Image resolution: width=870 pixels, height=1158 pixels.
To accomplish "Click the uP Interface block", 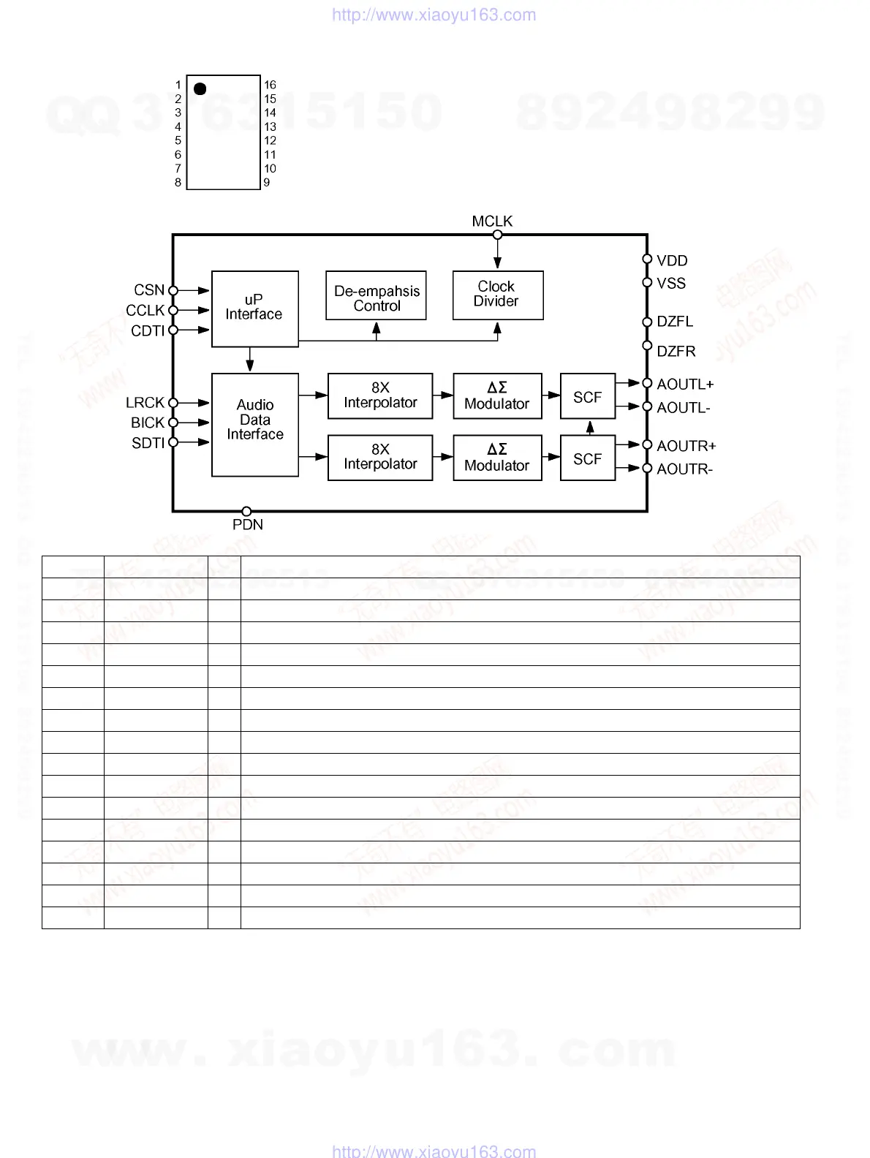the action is click(254, 309).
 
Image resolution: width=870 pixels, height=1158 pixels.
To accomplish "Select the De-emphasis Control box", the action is click(376, 295).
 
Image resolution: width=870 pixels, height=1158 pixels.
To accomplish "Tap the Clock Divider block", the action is click(497, 295).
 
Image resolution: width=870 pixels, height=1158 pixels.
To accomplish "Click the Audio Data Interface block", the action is click(254, 425).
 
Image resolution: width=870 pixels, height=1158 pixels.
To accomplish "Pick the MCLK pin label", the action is click(492, 222).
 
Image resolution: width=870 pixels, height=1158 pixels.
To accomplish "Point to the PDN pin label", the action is click(247, 525).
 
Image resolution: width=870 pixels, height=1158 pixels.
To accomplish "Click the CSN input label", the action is click(149, 290).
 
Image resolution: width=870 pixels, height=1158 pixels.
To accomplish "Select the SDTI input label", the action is click(148, 443).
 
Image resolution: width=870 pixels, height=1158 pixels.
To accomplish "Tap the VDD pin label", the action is click(672, 261).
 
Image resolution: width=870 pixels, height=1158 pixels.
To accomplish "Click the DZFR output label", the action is click(676, 352).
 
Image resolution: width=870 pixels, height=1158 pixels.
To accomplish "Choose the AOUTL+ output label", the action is click(685, 385).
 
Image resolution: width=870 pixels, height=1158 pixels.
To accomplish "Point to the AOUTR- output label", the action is click(684, 469).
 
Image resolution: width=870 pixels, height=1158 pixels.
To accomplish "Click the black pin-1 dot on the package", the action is click(200, 89).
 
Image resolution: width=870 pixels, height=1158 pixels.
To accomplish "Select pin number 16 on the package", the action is click(270, 85).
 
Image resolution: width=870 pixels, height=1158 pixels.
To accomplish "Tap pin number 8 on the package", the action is click(178, 183).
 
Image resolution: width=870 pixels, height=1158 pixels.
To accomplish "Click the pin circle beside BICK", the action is click(173, 423).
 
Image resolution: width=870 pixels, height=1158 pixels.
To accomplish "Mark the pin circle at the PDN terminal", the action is click(247, 511).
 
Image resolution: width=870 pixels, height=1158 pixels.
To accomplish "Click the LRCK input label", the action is click(145, 403).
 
